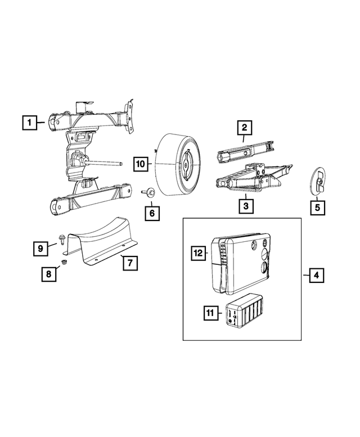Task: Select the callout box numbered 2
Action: pyautogui.click(x=245, y=128)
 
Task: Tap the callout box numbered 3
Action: pyautogui.click(x=245, y=206)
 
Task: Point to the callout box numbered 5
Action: pyautogui.click(x=317, y=206)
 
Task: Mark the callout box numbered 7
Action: pyautogui.click(x=128, y=263)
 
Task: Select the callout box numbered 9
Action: pyautogui.click(x=40, y=247)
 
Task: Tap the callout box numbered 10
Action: pyautogui.click(x=140, y=164)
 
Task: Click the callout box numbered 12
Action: pyautogui.click(x=198, y=254)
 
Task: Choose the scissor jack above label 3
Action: pyautogui.click(x=253, y=177)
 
